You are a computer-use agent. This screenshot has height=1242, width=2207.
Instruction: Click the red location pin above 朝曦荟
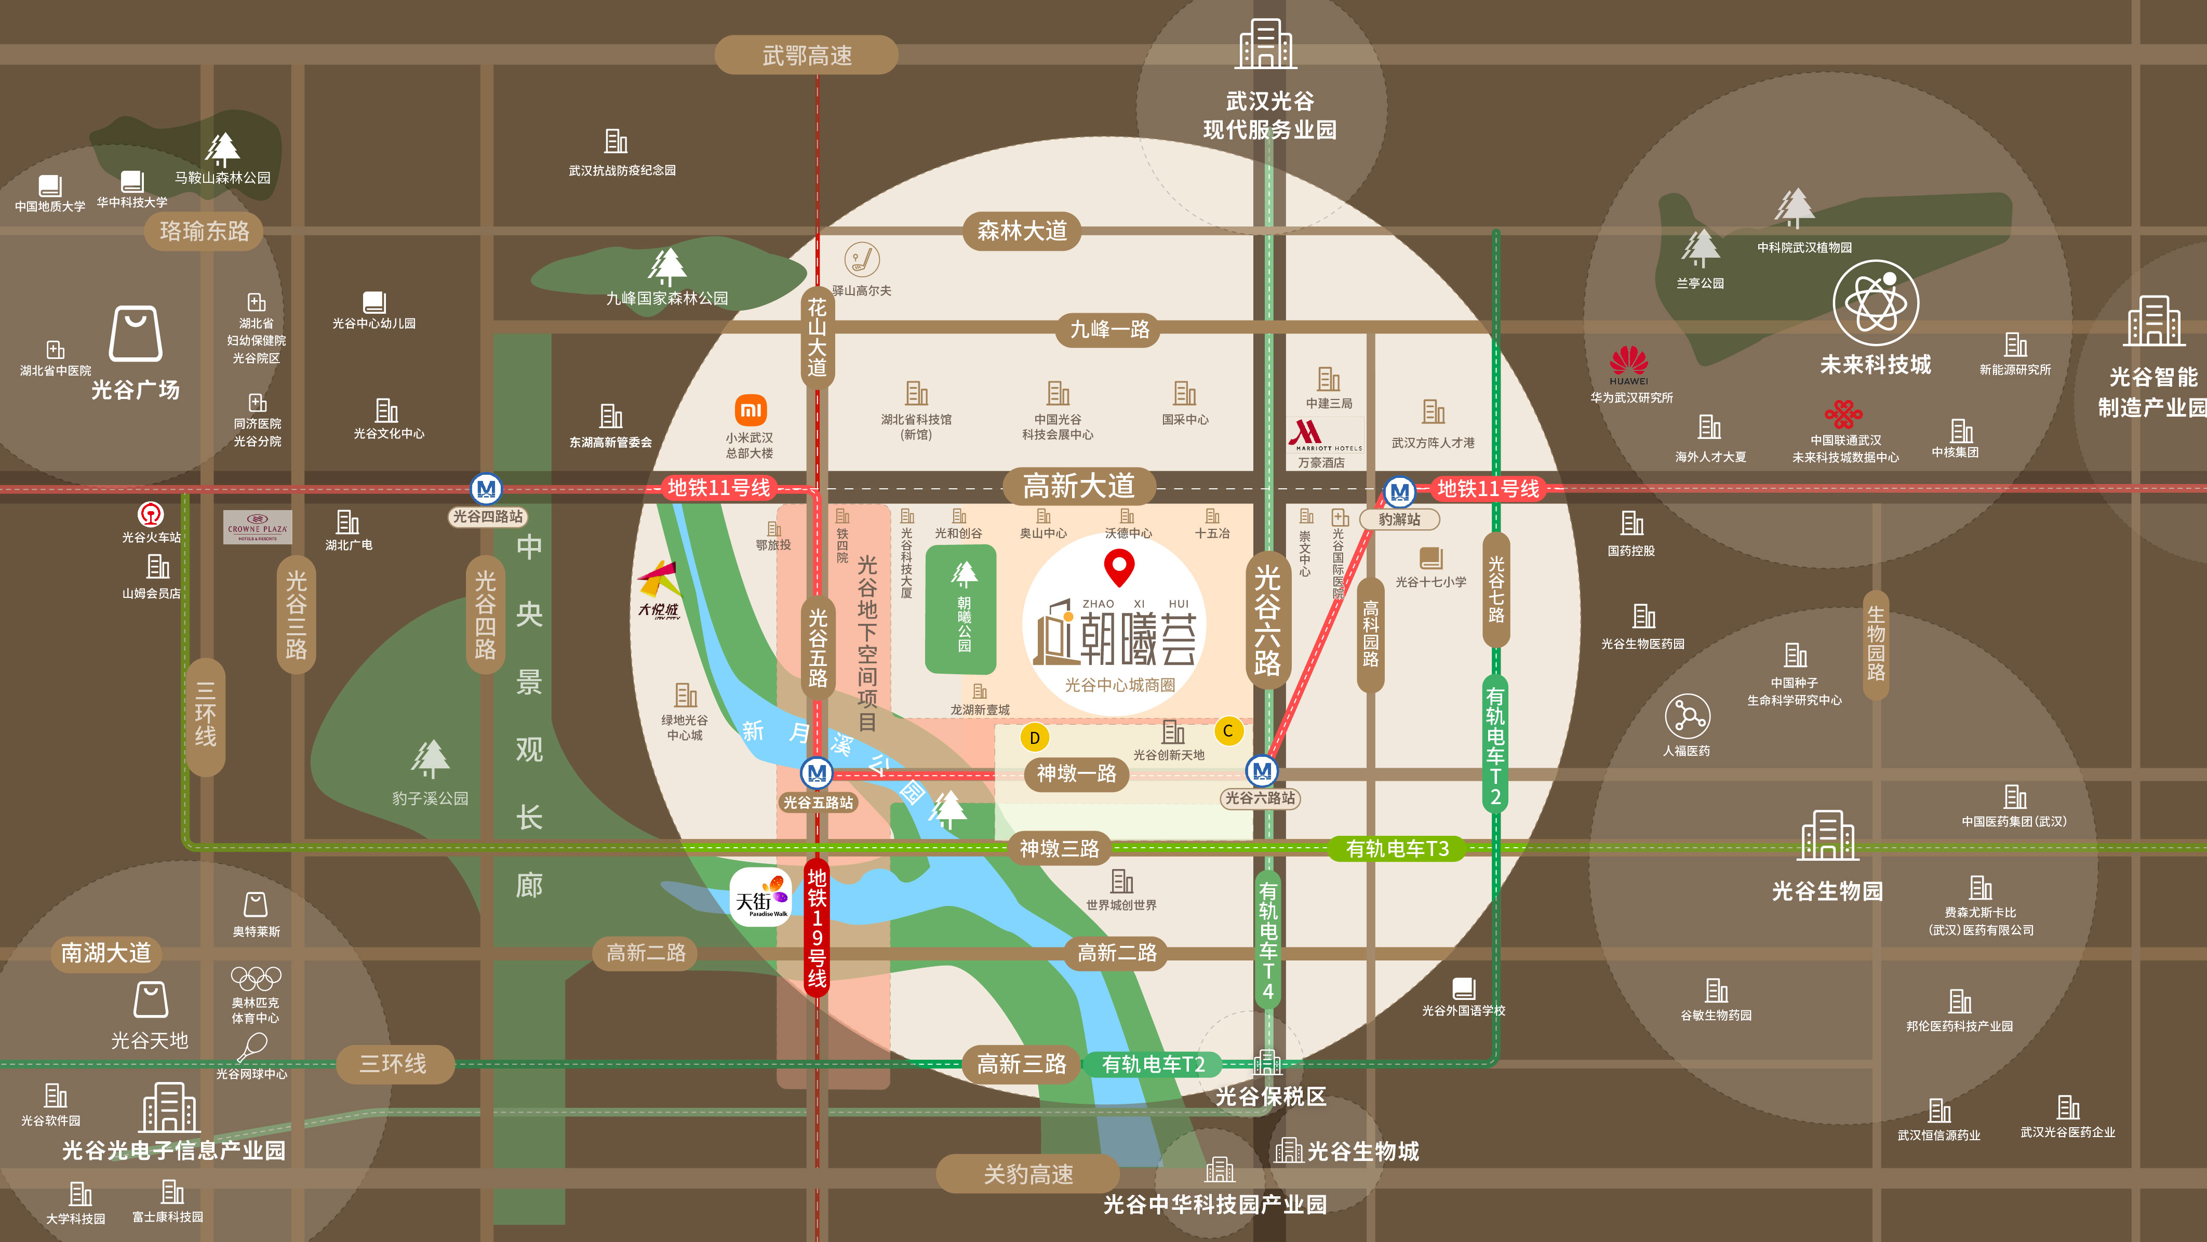point(1119,566)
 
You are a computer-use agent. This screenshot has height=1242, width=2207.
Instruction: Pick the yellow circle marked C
point(1228,731)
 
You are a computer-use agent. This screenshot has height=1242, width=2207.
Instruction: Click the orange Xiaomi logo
point(751,410)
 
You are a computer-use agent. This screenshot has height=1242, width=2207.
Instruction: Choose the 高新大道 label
point(1079,487)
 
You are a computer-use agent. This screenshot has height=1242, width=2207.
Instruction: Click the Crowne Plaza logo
point(257,527)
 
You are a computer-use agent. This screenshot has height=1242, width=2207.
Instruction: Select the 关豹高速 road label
point(1027,1173)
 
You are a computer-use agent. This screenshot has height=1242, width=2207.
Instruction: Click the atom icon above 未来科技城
point(1876,303)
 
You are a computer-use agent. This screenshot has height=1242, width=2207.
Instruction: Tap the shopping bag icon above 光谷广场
point(136,334)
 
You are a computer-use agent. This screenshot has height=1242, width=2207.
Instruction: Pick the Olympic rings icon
point(256,977)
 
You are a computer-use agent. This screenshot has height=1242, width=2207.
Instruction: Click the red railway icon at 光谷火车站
point(151,514)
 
